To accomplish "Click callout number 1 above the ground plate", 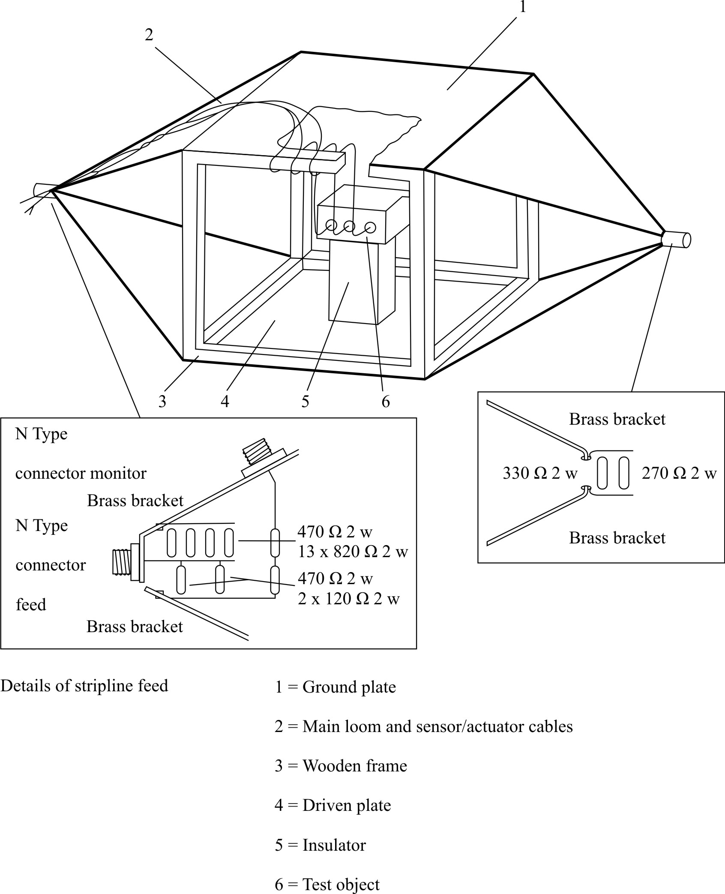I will [522, 7].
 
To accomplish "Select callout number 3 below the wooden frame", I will [162, 402].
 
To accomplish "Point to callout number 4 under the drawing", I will [225, 402].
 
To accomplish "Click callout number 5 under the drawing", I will [305, 402].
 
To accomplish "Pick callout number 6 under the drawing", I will [386, 402].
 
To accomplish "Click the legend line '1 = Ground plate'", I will [335, 687].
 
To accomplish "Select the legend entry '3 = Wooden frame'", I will [341, 766].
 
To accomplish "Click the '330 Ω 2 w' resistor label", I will [540, 473].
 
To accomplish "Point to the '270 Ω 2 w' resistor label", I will [679, 473].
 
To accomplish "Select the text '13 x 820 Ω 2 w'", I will [353, 552].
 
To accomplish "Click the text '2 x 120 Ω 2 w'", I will [348, 599].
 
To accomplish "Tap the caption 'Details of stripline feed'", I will [84, 686].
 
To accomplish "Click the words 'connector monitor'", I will [81, 473].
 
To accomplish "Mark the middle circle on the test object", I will [349, 226].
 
